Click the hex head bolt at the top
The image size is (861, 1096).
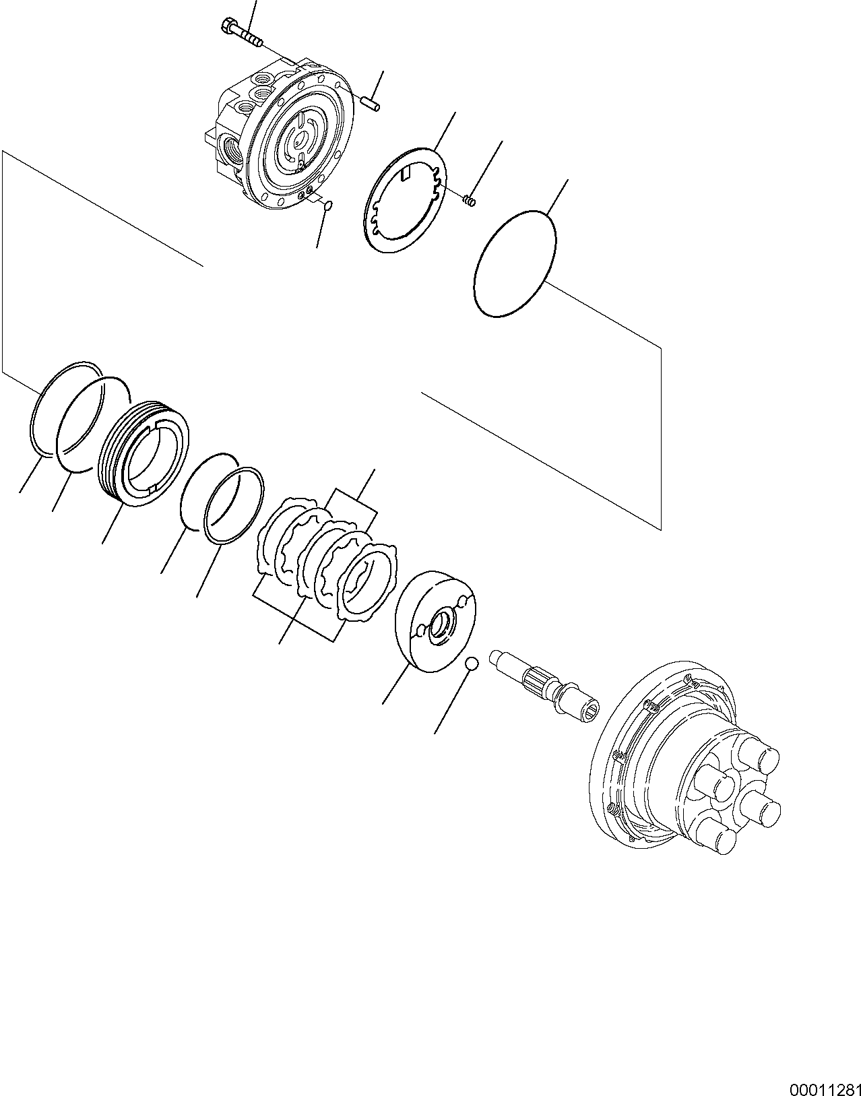coord(241,33)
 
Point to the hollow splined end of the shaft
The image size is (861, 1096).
coord(584,711)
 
